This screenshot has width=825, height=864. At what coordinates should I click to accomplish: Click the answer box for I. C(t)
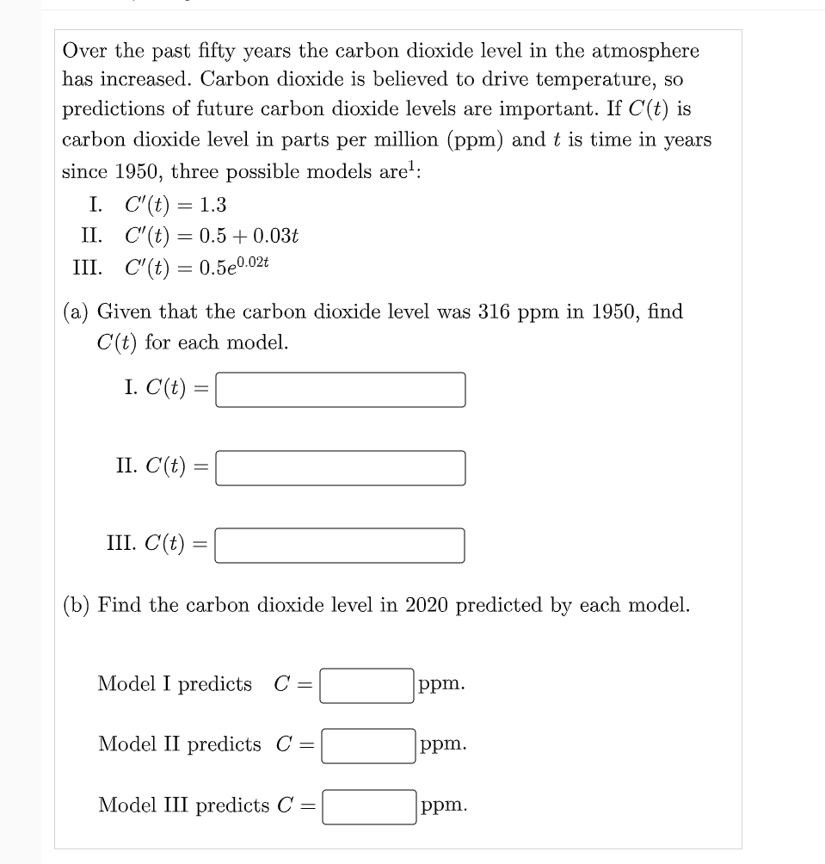[x=340, y=389]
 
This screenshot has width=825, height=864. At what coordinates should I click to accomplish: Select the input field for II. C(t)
[x=340, y=468]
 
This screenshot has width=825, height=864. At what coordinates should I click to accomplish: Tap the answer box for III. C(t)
[x=340, y=546]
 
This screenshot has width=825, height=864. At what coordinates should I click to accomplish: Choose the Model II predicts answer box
[x=368, y=745]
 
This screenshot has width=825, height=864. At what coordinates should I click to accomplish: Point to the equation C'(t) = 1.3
[x=175, y=205]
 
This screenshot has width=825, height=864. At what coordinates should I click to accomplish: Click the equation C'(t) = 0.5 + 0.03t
[x=212, y=236]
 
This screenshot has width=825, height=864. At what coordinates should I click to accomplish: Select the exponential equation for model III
[x=197, y=266]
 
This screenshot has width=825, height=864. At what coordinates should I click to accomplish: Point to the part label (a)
[x=76, y=312]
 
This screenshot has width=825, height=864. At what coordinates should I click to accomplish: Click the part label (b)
[x=77, y=605]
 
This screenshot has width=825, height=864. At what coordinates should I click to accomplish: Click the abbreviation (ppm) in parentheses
[x=471, y=140]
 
